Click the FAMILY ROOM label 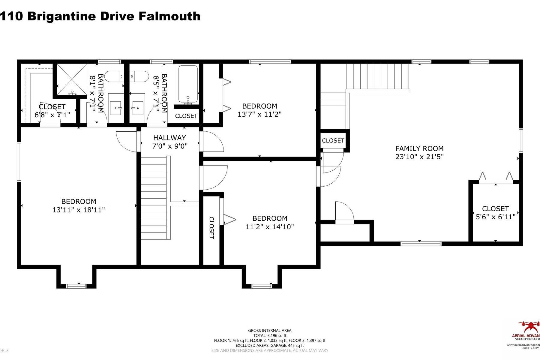(419, 148)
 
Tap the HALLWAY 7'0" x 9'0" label (169, 142)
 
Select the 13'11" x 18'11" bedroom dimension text (79, 210)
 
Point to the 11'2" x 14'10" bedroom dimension (270, 226)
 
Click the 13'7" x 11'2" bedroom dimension (259, 114)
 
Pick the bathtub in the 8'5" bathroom (188, 84)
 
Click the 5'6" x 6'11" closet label (495, 213)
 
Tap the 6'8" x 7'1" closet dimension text (52, 115)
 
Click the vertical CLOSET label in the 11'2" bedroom (211, 228)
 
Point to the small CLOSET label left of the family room (333, 140)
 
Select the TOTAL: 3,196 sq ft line (269, 335)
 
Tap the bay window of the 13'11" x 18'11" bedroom (76, 286)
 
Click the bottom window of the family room (421, 243)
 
